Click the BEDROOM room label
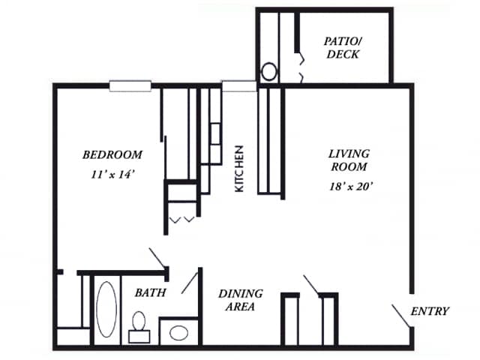click(x=112, y=155)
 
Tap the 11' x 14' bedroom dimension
click(x=113, y=175)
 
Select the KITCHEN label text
click(x=239, y=169)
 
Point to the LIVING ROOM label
click(x=349, y=160)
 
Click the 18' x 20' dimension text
click(x=351, y=186)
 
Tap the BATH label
click(x=150, y=293)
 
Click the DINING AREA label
click(x=241, y=300)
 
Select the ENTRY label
click(x=430, y=311)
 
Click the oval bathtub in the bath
click(x=106, y=309)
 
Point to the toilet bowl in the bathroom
click(x=139, y=321)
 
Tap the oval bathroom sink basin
click(x=178, y=333)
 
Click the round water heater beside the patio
click(x=269, y=72)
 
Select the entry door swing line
click(x=401, y=316)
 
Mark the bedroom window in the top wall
click(x=130, y=86)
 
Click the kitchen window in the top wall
click(x=239, y=86)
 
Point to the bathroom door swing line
click(x=190, y=283)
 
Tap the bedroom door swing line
click(x=157, y=257)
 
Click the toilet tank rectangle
click(x=139, y=337)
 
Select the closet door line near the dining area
click(x=311, y=284)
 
